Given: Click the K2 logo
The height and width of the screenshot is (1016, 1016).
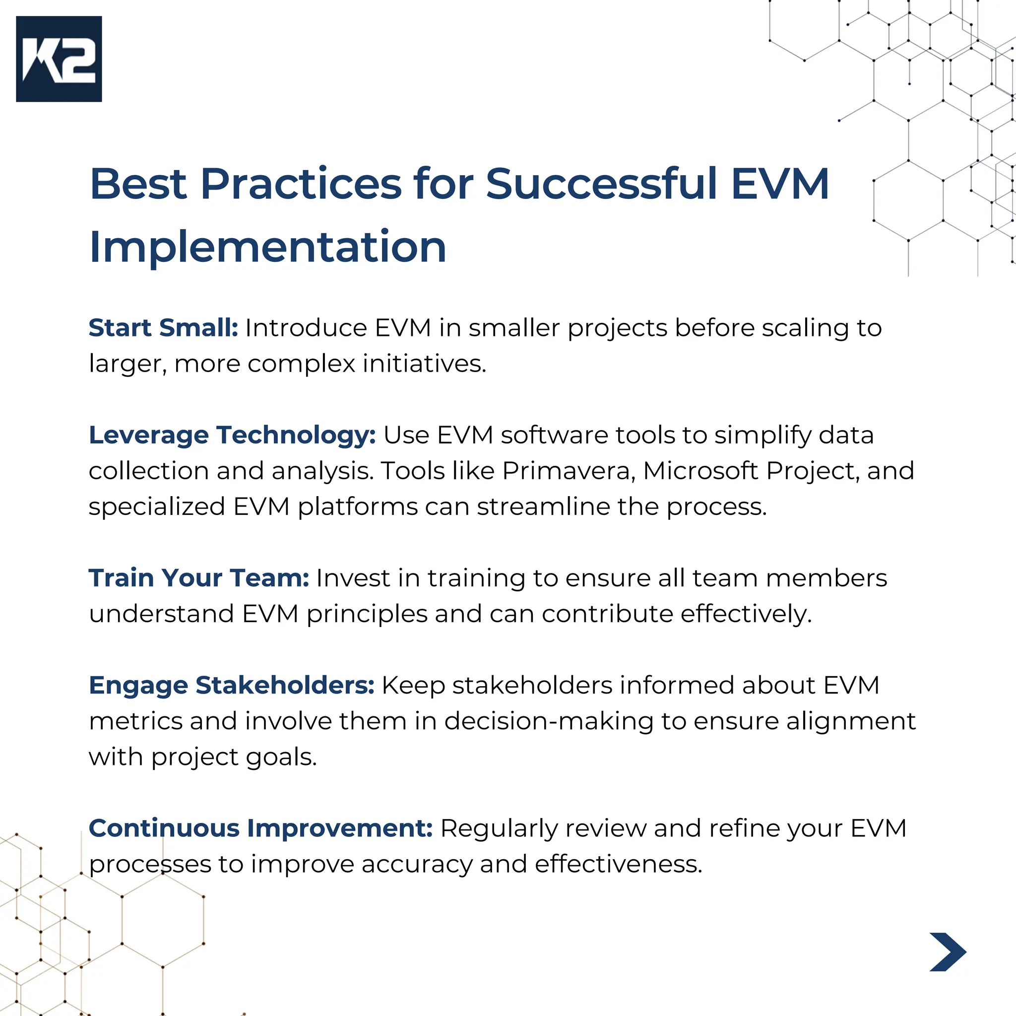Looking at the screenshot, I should click(x=59, y=59).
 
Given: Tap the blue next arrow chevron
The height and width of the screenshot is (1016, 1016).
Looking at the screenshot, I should click(x=948, y=952).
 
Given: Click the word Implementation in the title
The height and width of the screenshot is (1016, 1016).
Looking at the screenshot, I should click(x=268, y=247).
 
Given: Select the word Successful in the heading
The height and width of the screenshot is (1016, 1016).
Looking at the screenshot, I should click(x=601, y=184).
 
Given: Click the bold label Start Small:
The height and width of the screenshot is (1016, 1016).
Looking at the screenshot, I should click(x=163, y=328).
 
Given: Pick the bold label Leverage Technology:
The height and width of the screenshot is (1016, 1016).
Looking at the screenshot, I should click(x=232, y=436).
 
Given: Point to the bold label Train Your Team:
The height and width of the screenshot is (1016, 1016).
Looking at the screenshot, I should click(x=199, y=578).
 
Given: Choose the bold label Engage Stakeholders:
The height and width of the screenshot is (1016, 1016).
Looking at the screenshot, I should click(x=231, y=685).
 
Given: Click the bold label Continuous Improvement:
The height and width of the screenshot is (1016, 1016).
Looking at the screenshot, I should click(x=260, y=828).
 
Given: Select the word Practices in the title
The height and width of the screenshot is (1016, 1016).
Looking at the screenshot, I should click(x=301, y=184).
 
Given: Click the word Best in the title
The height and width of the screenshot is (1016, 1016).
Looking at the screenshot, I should click(x=138, y=184).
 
